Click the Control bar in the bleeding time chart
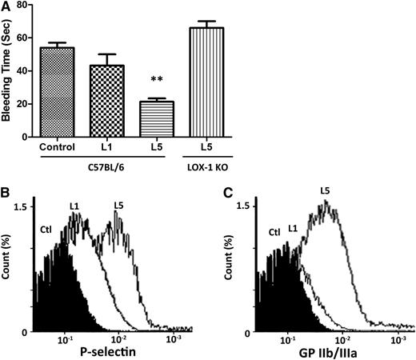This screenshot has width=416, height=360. [x=74, y=92]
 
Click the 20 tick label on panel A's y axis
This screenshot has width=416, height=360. [x=41, y=104]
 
